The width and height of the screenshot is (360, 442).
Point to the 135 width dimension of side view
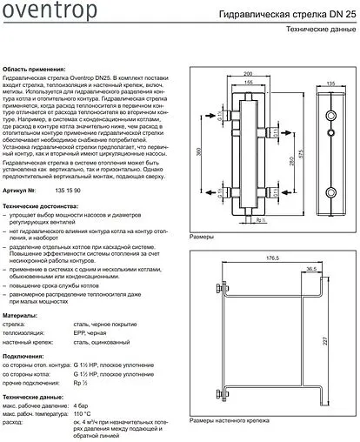tap(330, 83)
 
